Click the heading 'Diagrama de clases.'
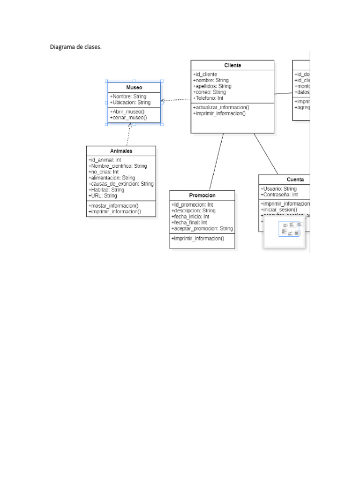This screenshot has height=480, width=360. coord(75,47)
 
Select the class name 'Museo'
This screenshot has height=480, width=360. coord(134,88)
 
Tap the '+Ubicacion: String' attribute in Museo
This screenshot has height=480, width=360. coord(130,102)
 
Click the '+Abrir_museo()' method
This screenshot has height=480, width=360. coord(127,112)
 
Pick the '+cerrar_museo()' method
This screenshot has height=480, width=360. coord(128,118)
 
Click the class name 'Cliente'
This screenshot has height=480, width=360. coord(232,65)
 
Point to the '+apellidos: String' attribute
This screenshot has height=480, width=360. coord(212,86)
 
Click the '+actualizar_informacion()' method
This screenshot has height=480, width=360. coord(221,107)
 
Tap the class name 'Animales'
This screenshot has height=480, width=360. coord(121,151)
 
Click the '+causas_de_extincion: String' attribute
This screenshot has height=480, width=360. coord(121,184)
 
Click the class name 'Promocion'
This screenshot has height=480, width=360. coord(202,195)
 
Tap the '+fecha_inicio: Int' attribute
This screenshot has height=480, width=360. coord(190,217)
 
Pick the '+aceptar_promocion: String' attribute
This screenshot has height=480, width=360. coord(202,228)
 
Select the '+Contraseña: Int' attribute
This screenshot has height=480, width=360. coord(279,195)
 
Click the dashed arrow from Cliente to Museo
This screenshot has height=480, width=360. coord(176,99)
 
